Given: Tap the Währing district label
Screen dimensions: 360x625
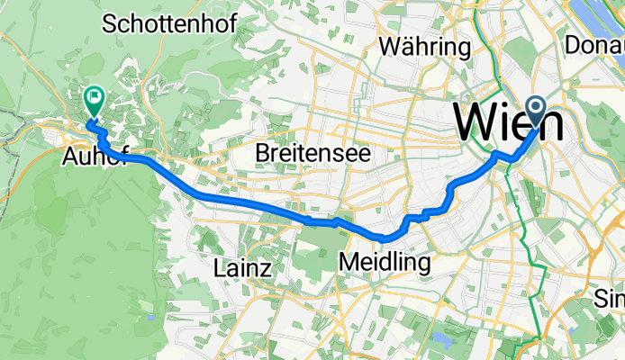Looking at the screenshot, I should (426, 46).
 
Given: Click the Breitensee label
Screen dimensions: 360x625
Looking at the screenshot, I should (312, 153).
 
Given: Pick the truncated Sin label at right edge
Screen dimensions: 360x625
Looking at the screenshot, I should (611, 298).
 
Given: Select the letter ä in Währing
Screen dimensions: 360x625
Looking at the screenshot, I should (410, 46).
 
